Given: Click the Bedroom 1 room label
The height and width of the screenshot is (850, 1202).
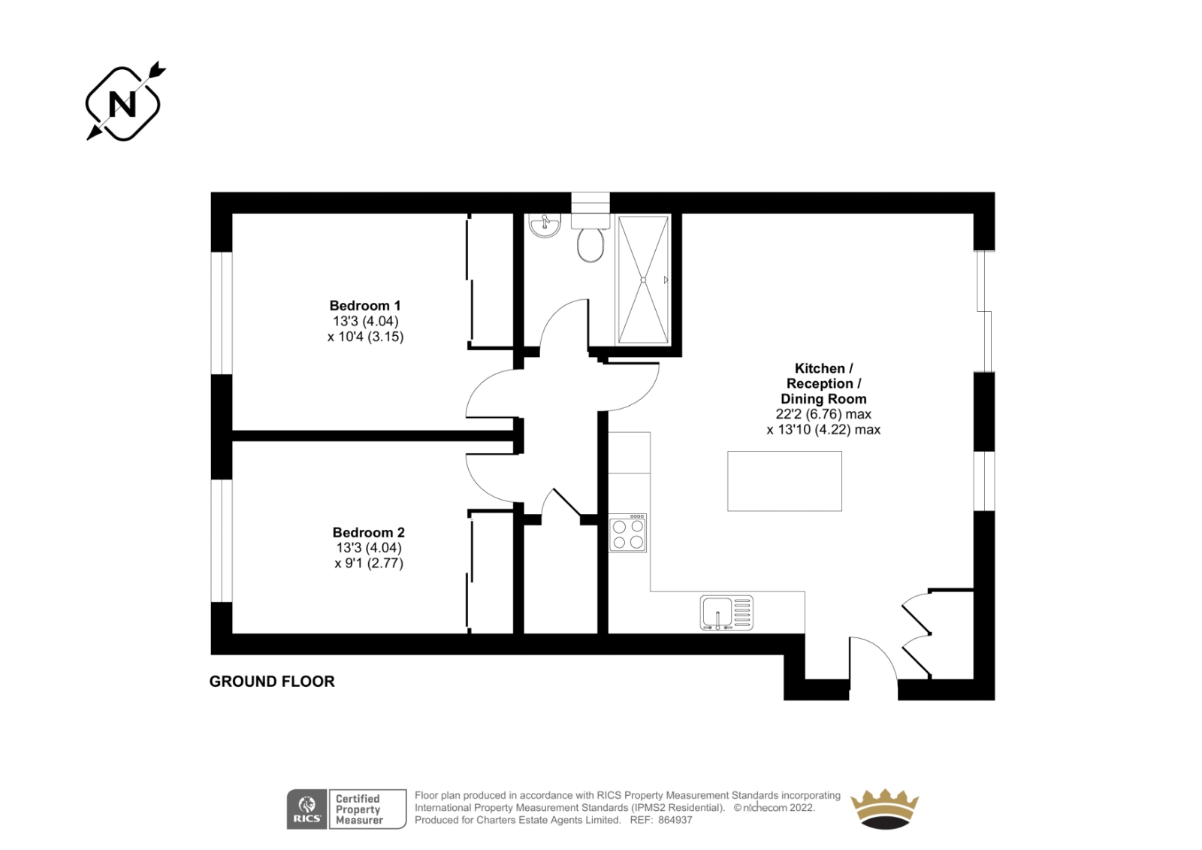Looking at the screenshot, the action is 365,306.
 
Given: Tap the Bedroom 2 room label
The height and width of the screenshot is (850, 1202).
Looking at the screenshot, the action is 369,532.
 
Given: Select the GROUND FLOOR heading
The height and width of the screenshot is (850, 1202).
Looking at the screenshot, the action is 272,682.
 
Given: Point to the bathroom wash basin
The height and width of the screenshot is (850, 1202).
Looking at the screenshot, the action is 545,225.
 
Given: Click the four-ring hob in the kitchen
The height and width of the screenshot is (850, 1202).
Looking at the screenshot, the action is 628,533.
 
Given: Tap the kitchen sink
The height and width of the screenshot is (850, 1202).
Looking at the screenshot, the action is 726,613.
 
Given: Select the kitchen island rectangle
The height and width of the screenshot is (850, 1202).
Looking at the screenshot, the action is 784,481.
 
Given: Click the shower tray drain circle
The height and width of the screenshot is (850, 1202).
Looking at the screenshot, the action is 643,280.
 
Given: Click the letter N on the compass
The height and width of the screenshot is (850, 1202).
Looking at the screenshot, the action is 122,104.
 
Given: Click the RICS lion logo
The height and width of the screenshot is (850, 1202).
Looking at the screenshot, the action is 307,809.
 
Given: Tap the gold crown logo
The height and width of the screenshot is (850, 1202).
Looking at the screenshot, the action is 884,809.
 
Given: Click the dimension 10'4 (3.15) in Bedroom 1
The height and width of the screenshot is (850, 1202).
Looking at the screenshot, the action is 365,337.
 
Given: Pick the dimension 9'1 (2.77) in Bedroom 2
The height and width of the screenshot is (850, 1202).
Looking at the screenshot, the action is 369,563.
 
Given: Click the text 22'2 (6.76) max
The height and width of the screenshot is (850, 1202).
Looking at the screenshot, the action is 823,414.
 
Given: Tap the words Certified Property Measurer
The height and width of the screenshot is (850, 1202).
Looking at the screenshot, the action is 359,809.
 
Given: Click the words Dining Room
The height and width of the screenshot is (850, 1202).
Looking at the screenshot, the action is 823,399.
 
